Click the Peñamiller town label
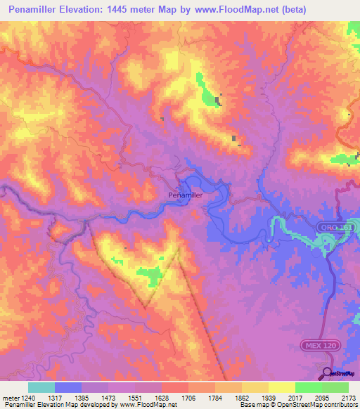point(186,195)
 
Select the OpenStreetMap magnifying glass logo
point(326,373)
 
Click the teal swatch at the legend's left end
point(41,387)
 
